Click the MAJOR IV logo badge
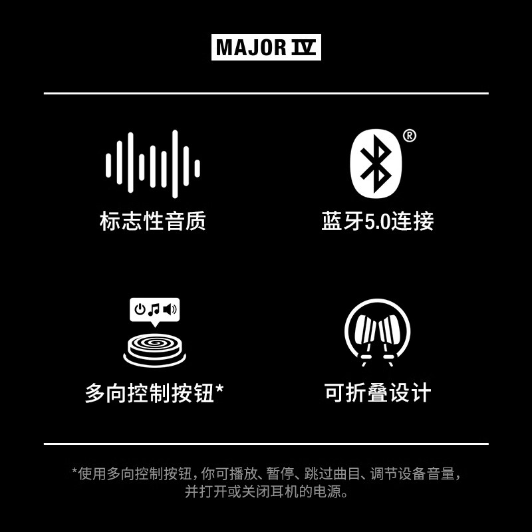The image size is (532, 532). pos(266,48)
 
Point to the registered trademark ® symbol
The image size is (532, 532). pos(410,136)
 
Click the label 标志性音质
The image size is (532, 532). pos(152,221)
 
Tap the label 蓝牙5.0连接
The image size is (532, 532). pos(378,221)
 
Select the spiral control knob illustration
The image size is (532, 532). pos(154,347)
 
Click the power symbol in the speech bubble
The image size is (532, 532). pos(140,309)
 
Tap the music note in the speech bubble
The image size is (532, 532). pos(155,309)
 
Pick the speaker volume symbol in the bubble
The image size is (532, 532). pos(170,309)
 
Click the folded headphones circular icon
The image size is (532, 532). pos(377,331)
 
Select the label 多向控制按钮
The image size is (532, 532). pos(150,393)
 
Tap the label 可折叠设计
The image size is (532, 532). pos(378,393)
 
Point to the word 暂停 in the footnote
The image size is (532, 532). pos(279,474)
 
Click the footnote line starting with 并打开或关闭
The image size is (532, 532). pos(266,493)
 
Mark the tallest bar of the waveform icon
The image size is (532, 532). pos(176,164)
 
